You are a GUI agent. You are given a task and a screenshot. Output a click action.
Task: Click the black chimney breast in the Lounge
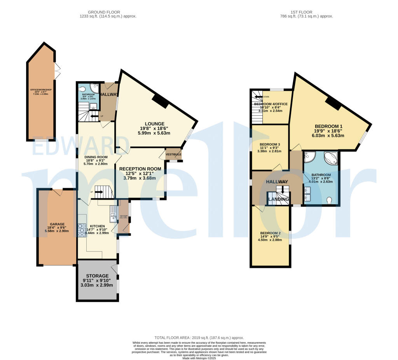tap(160, 101)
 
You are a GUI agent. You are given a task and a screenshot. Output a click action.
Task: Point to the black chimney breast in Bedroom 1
tap(333, 103)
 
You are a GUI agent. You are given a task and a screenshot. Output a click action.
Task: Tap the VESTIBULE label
tap(173, 154)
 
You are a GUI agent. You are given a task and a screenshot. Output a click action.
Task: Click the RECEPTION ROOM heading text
tap(140, 169)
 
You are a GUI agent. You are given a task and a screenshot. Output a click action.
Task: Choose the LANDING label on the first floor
tap(279, 199)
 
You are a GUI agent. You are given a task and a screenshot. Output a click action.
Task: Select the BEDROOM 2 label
tap(270, 233)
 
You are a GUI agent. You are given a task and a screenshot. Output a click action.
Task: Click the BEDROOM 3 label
tap(270, 144)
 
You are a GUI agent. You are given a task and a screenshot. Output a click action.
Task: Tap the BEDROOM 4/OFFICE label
tap(271, 104)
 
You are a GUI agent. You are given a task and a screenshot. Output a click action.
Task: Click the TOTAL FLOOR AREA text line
tap(199, 338)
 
